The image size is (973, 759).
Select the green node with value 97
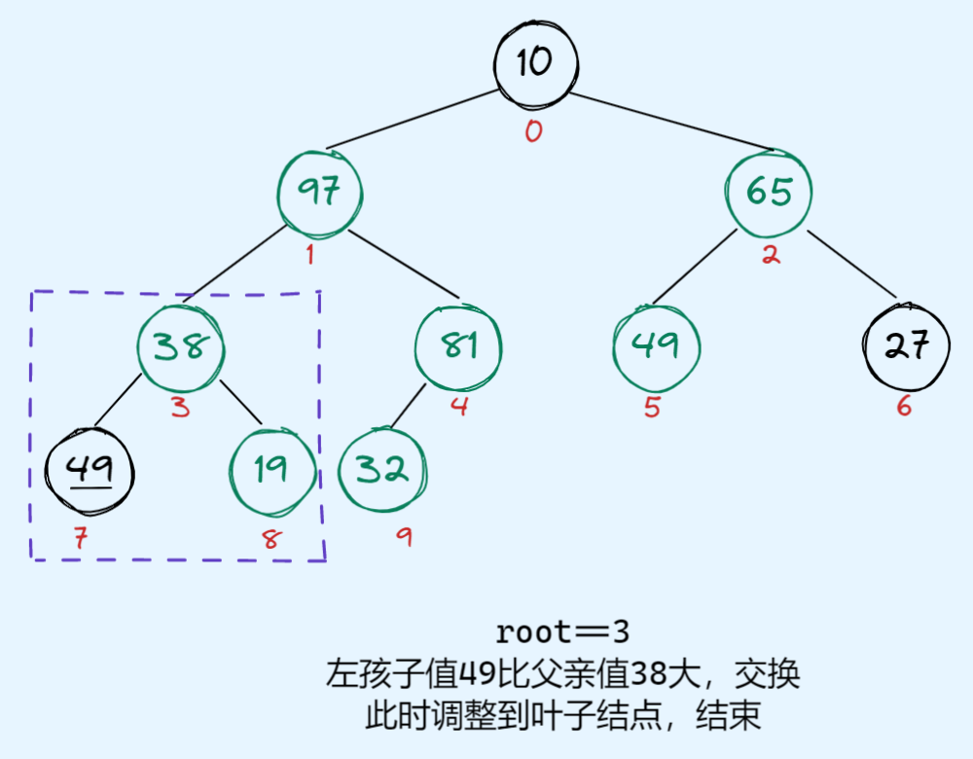click(x=319, y=192)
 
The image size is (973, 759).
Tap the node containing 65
click(x=769, y=192)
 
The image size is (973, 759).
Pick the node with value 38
click(x=181, y=346)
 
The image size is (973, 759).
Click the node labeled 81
click(x=458, y=346)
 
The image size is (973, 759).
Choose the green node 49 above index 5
click(x=657, y=346)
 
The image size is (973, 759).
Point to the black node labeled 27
click(x=907, y=346)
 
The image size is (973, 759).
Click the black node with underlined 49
click(x=90, y=473)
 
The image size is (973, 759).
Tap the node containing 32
click(x=381, y=471)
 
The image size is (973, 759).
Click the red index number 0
click(x=533, y=131)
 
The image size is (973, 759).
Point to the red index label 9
click(x=403, y=536)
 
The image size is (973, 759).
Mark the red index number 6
click(x=904, y=407)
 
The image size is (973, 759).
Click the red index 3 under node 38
click(x=180, y=407)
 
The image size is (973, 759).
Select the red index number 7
click(x=80, y=537)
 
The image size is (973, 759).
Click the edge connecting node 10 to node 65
click(x=671, y=121)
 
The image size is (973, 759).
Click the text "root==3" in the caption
click(x=562, y=632)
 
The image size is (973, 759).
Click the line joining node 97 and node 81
click(x=403, y=266)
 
